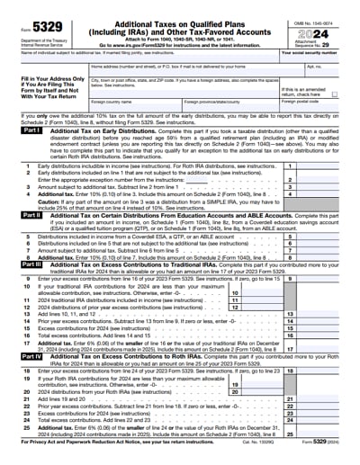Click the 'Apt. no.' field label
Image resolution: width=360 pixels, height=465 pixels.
pyautogui.click(x=312, y=67)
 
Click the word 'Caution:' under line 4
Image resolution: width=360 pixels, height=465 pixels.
pyautogui.click(x=34, y=201)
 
